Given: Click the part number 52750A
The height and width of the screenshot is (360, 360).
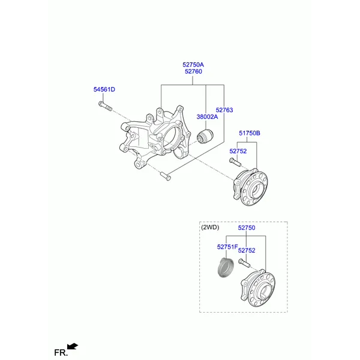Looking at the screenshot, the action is [193, 65].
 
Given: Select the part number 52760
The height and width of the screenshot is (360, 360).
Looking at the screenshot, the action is [193, 71].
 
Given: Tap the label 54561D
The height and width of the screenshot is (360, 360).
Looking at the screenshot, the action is [104, 89].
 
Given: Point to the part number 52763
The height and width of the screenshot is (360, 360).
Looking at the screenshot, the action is [224, 110].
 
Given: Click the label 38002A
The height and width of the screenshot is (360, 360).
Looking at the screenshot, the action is [207, 116].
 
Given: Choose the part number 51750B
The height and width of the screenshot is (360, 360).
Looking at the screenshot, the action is [250, 133].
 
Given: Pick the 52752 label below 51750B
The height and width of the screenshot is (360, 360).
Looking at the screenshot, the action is [238, 151].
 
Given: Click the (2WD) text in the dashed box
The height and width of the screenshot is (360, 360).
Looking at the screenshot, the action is [210, 227].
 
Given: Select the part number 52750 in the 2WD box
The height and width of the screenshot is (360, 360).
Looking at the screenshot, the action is [247, 227].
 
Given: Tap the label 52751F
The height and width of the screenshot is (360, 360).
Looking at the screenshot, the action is [227, 247].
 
